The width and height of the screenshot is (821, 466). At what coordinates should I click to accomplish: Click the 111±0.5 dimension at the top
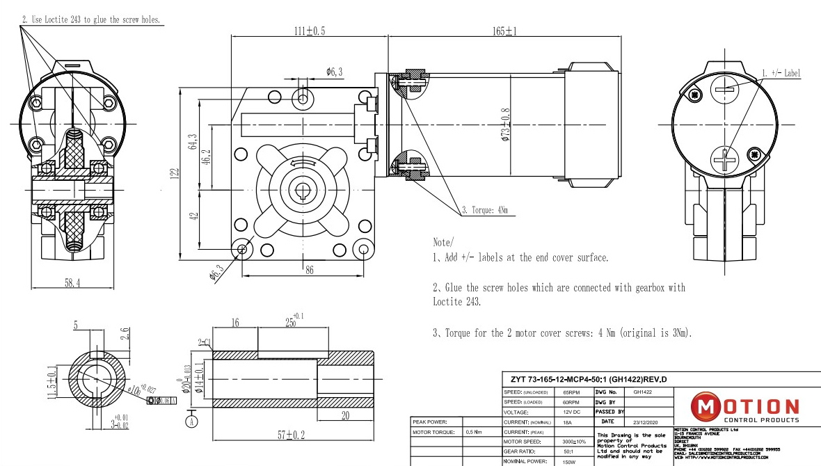[309, 31]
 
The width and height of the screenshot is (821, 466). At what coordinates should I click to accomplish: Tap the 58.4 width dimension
[72, 283]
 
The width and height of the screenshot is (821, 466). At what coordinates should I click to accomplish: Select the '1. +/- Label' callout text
[781, 72]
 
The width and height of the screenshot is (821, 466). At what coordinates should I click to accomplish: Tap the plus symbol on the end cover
[728, 161]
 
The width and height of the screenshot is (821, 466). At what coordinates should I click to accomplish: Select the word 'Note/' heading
[443, 242]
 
